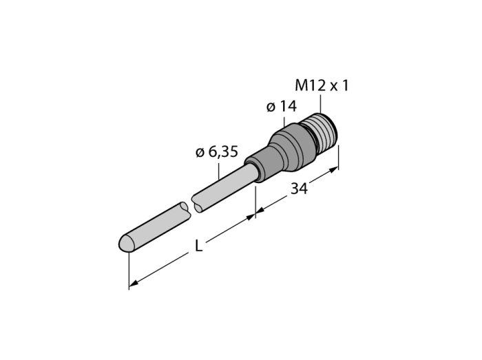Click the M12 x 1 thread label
322,85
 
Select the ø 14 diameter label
282,106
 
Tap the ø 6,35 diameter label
217,151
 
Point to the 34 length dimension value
299,189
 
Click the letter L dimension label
199,246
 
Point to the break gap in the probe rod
191,208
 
